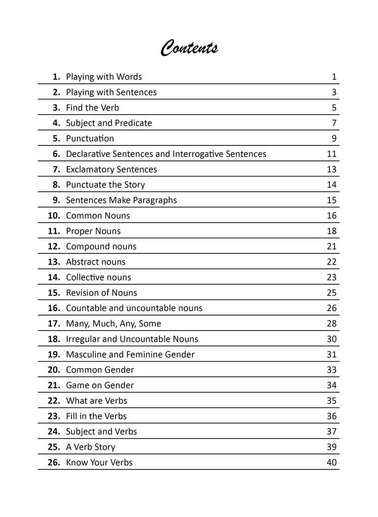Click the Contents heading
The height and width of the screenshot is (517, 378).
[x=189, y=48]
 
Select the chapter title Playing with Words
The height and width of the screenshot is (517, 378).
[x=104, y=77]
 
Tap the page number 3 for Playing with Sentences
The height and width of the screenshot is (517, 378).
[x=334, y=92]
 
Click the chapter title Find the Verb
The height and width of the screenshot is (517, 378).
[x=92, y=108]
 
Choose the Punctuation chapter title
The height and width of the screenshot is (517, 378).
[x=90, y=138]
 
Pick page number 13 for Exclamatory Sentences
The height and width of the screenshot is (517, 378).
[x=331, y=170]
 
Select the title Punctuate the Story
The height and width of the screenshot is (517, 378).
[x=105, y=185]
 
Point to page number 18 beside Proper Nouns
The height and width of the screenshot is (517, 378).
[x=331, y=231]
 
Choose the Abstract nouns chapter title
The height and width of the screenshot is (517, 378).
[x=96, y=262]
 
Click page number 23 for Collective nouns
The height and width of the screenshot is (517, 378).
[x=331, y=277]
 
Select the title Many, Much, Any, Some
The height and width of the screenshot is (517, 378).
[x=114, y=324]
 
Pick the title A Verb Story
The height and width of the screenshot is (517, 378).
[x=91, y=447]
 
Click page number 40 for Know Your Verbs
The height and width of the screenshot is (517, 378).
[x=331, y=462]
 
